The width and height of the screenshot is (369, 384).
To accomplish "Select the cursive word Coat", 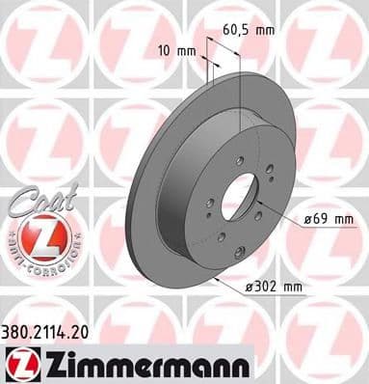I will tap(40, 203).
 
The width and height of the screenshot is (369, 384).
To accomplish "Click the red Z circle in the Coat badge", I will tap(43, 236).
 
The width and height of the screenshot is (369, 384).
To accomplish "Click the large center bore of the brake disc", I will tap(237, 199).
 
